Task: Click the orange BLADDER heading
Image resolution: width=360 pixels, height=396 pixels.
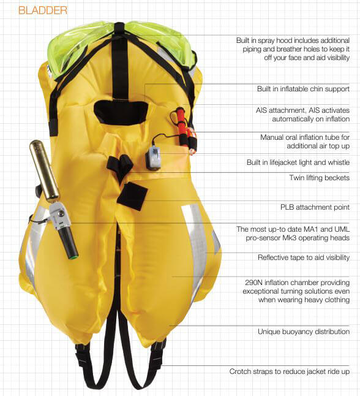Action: click(43, 10)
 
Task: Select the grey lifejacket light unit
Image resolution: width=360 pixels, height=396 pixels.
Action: click(153, 158)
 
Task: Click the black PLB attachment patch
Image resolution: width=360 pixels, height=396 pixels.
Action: click(133, 196)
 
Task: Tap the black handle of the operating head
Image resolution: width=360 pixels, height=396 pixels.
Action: click(69, 242)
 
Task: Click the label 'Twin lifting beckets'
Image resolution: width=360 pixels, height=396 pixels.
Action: click(319, 178)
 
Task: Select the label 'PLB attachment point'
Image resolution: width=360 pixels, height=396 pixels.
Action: click(315, 207)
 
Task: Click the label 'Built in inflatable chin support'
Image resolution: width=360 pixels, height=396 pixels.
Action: click(303, 89)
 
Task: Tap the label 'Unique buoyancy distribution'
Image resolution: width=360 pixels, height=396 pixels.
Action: click(304, 332)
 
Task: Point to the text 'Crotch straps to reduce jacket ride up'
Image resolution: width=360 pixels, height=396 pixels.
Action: click(290, 371)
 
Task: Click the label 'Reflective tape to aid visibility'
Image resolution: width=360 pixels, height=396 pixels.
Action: click(304, 257)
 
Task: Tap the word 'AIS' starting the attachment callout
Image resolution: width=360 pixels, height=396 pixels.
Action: click(263, 110)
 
